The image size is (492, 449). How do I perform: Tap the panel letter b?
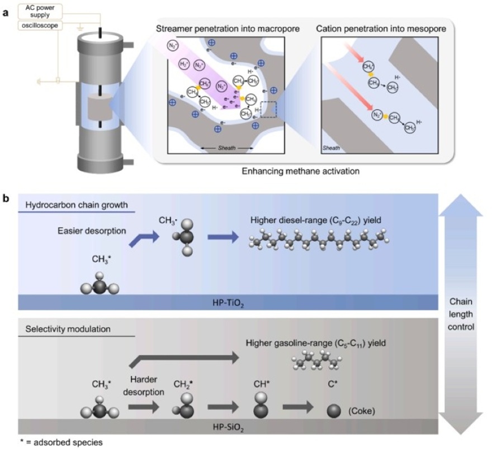point(7,198)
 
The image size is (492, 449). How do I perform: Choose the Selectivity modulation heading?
point(61,329)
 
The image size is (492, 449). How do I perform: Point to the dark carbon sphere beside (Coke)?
point(335,411)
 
